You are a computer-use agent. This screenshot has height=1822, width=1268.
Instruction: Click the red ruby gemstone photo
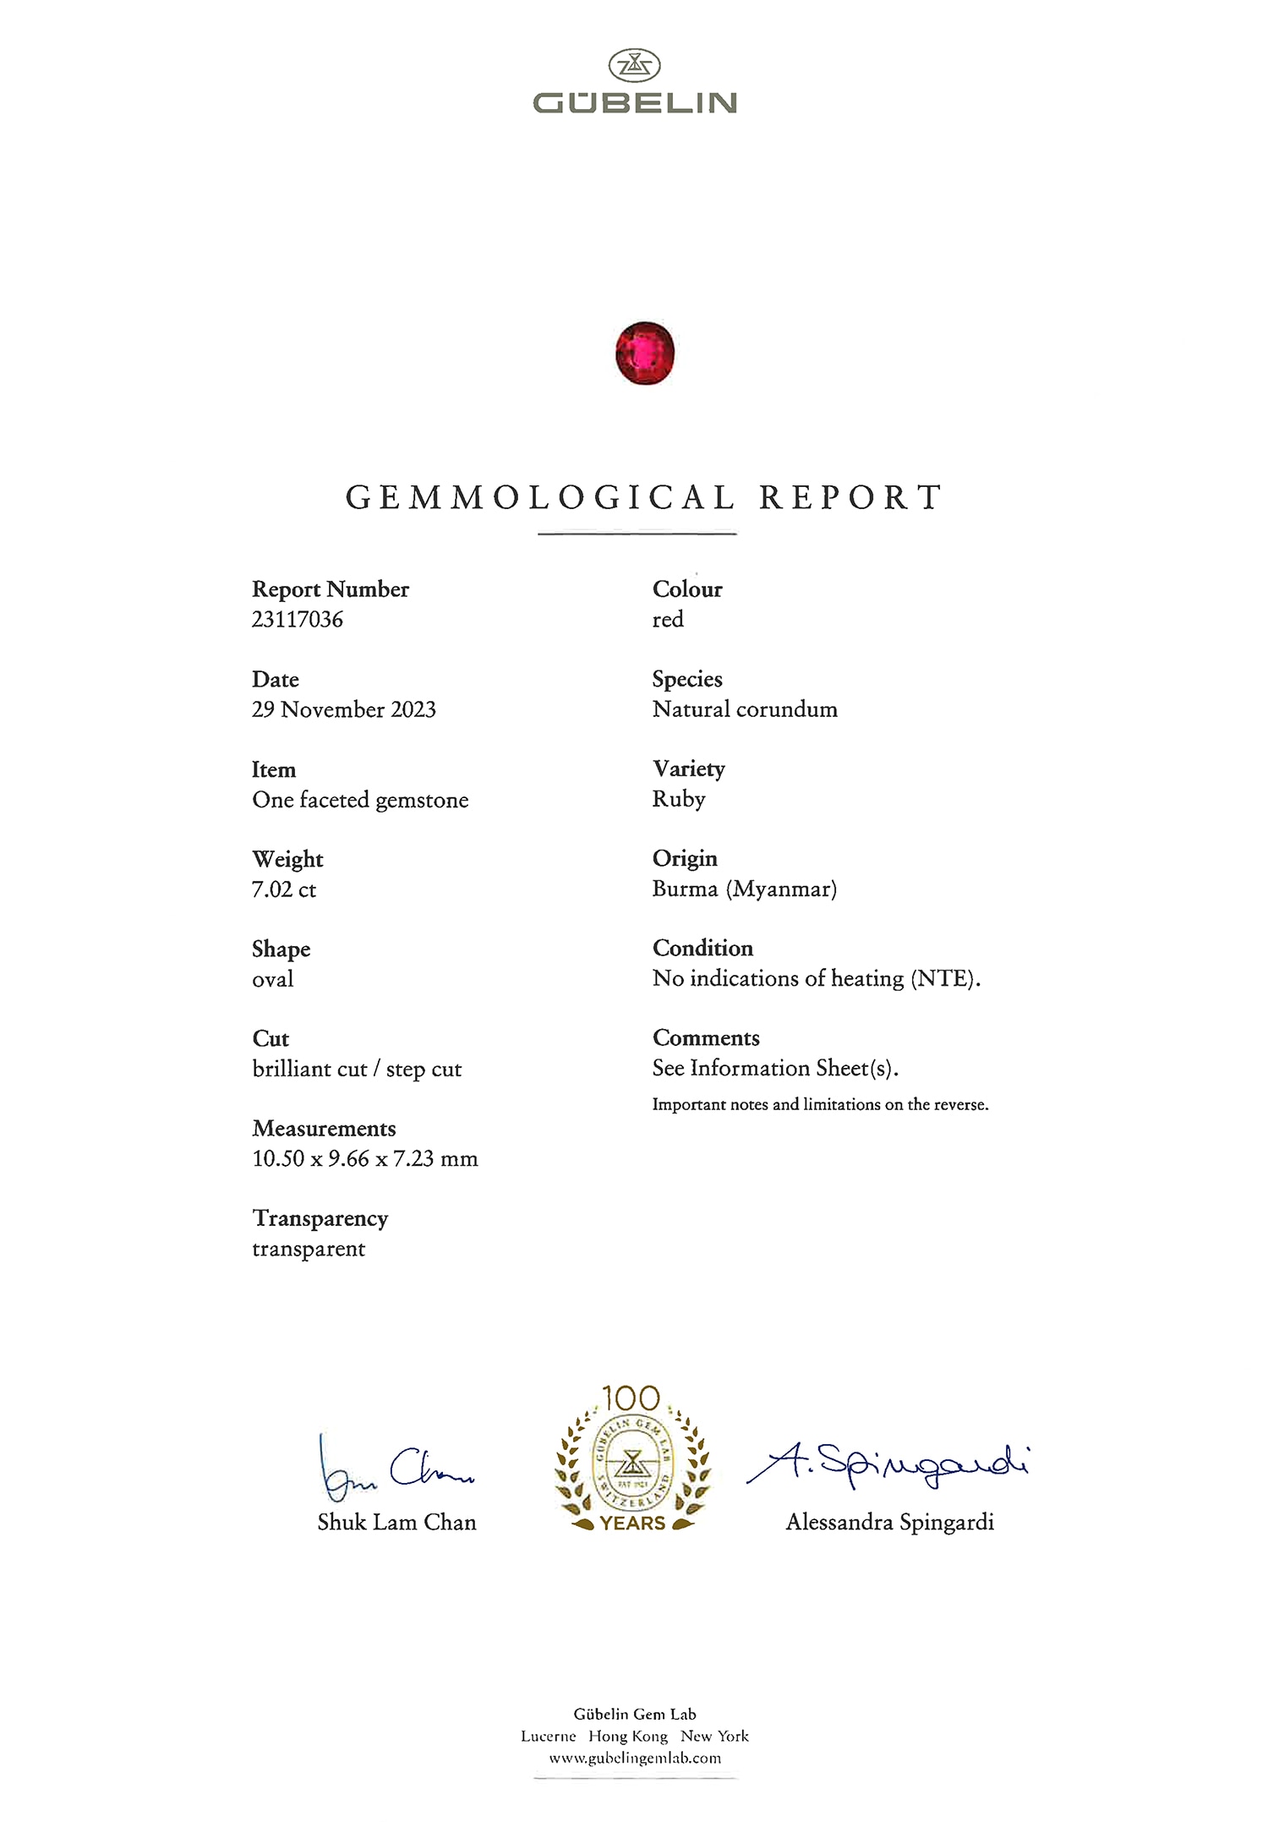[645, 353]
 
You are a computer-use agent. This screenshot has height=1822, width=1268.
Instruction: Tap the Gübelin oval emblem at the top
[634, 65]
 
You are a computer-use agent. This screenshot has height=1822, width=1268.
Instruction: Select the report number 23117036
[298, 620]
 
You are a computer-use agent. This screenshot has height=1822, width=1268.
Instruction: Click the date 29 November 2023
[344, 709]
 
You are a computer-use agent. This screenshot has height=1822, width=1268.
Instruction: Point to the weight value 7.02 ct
[284, 889]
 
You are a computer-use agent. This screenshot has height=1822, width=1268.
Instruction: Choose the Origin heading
[685, 858]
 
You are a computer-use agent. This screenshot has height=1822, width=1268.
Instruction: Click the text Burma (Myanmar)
[744, 889]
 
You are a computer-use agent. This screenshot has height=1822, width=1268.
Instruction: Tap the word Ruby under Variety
[679, 799]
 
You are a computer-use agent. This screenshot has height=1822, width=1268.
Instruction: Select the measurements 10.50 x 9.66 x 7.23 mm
[365, 1158]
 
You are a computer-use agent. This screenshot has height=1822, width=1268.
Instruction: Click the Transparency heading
[320, 1218]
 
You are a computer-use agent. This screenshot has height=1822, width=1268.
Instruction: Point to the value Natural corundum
[745, 709]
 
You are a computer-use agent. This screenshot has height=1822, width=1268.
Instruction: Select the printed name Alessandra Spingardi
[889, 1522]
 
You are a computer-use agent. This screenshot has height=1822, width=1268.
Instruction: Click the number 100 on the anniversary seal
[631, 1398]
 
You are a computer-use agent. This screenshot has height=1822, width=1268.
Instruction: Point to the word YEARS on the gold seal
[633, 1523]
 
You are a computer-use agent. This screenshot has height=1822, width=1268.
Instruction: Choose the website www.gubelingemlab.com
[635, 1758]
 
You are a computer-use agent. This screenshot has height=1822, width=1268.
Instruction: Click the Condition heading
[702, 948]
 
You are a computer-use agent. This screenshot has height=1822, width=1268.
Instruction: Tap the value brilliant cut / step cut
[357, 1069]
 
